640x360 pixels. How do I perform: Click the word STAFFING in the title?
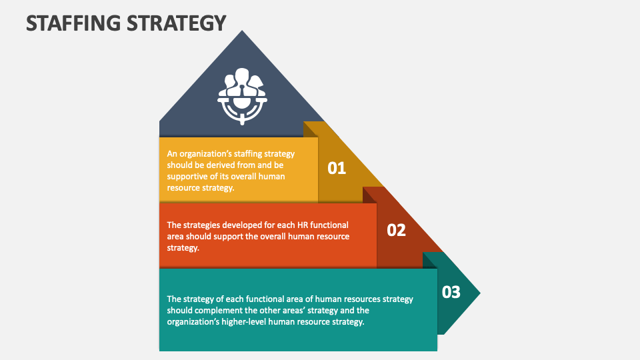click(x=73, y=23)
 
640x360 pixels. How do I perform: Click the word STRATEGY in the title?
click(x=176, y=23)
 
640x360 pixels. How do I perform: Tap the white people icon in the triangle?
click(x=242, y=96)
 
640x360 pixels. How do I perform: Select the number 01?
click(x=337, y=168)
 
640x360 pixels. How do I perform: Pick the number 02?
click(x=396, y=230)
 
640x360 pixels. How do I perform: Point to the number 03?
click(x=451, y=292)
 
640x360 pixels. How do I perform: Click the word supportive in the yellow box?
click(x=187, y=177)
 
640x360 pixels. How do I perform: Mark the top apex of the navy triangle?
click(x=242, y=30)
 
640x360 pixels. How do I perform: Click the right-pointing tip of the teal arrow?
click(x=481, y=293)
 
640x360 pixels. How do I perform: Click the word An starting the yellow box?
click(x=172, y=154)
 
